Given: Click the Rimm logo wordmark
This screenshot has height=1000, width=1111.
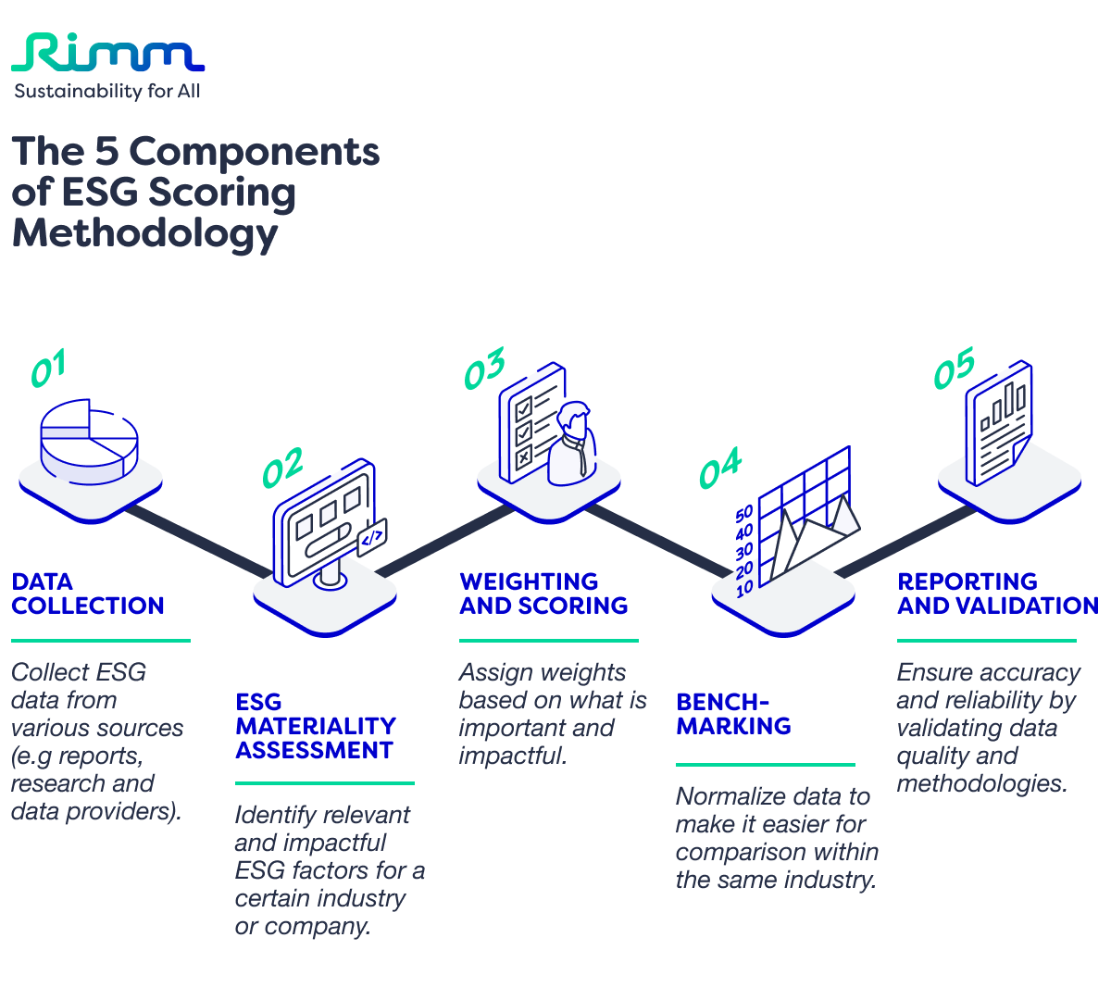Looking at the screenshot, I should tap(107, 54).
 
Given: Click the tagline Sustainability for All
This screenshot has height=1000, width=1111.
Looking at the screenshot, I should tap(106, 91).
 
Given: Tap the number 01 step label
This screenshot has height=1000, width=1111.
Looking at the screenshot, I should tap(48, 369).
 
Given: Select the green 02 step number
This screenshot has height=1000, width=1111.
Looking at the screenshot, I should tap(281, 469).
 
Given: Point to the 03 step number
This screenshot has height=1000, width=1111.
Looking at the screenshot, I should tap(484, 369).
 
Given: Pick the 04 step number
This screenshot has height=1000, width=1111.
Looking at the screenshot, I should tap(719, 469).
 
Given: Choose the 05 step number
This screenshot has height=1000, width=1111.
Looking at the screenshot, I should tap(954, 369).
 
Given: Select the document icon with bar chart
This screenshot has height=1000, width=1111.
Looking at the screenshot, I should tap(998, 423).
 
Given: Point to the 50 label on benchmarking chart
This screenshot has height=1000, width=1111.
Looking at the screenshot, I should tap(744, 515).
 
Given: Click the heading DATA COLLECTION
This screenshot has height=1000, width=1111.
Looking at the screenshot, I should tap(87, 594).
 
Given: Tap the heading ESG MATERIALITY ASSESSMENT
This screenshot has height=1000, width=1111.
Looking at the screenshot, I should tap(315, 726).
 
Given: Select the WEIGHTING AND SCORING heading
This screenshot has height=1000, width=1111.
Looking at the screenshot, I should tap(543, 594).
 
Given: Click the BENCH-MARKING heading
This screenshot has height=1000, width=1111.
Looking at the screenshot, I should tap(733, 714).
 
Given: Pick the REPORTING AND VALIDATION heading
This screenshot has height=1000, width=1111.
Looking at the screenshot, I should tap(997, 594).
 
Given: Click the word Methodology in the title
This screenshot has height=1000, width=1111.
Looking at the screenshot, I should tap(144, 232).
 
